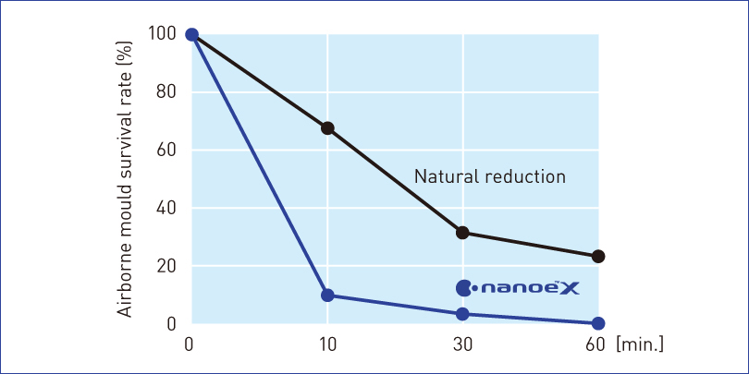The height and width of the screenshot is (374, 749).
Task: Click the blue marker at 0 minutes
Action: click(x=191, y=34)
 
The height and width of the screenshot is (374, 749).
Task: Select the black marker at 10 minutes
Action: click(x=327, y=128)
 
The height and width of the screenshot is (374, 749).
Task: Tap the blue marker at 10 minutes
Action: click(x=327, y=296)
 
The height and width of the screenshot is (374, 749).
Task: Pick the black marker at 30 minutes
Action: click(x=462, y=233)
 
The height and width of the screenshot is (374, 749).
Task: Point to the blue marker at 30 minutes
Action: click(x=462, y=314)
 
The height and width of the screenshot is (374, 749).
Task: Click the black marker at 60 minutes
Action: click(x=598, y=256)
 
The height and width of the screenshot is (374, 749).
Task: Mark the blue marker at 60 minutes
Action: click(x=598, y=323)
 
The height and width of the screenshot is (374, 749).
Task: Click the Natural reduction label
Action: click(x=489, y=176)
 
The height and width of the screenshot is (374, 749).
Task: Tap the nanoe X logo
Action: click(x=517, y=288)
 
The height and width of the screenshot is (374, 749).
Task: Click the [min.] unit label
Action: click(x=640, y=344)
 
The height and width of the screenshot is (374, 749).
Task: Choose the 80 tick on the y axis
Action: click(x=166, y=92)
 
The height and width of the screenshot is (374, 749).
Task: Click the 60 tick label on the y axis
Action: click(x=166, y=151)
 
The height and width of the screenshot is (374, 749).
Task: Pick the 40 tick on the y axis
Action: click(x=166, y=209)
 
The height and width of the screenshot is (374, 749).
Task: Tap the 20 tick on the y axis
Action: click(x=166, y=267)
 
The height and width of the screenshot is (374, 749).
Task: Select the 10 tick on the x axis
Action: click(x=327, y=344)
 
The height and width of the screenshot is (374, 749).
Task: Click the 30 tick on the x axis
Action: click(x=462, y=344)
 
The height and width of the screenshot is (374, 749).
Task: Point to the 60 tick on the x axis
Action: click(x=596, y=344)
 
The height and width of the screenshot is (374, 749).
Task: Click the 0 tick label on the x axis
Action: click(x=191, y=344)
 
